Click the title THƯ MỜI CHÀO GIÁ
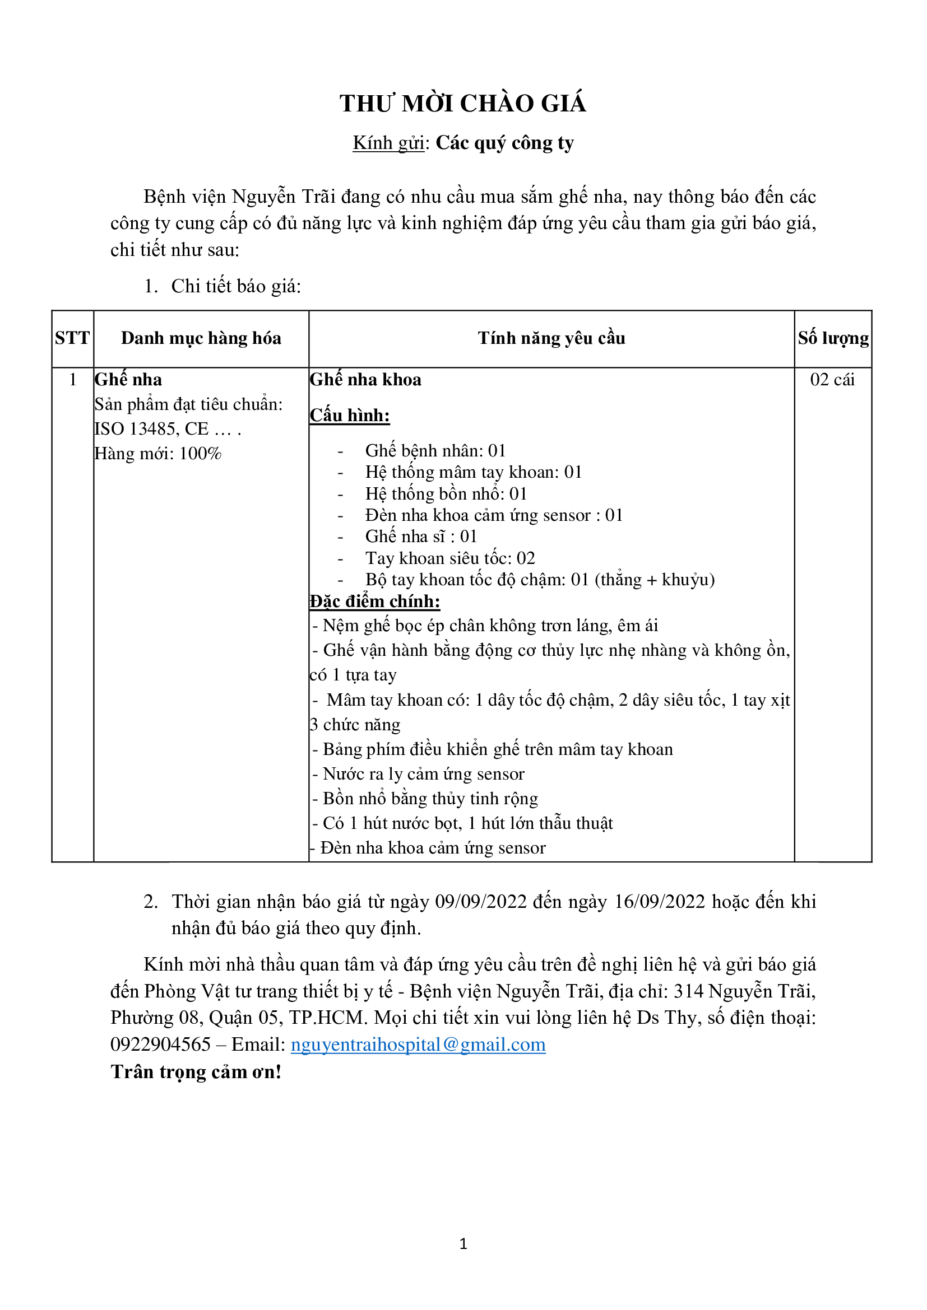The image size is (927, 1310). (x=463, y=103)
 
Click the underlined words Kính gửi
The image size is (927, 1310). (x=388, y=143)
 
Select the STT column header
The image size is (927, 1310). (x=72, y=338)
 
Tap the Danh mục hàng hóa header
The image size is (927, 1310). (x=201, y=338)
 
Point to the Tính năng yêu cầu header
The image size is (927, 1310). (x=551, y=338)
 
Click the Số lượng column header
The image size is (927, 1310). (x=833, y=338)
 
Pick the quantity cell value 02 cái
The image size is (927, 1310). (x=832, y=380)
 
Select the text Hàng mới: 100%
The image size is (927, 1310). (x=158, y=454)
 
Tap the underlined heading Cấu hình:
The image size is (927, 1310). (x=349, y=416)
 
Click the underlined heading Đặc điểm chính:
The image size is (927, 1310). (x=374, y=602)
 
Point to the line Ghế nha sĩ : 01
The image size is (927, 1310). (x=421, y=537)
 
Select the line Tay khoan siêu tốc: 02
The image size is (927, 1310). (x=450, y=558)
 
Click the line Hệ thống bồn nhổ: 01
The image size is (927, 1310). (x=446, y=494)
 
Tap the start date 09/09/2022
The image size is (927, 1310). (x=481, y=902)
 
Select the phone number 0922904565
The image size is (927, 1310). (x=160, y=1045)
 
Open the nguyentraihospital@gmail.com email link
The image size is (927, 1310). (x=418, y=1045)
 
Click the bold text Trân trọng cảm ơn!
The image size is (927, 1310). (x=196, y=1072)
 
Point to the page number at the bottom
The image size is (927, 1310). (x=463, y=1244)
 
